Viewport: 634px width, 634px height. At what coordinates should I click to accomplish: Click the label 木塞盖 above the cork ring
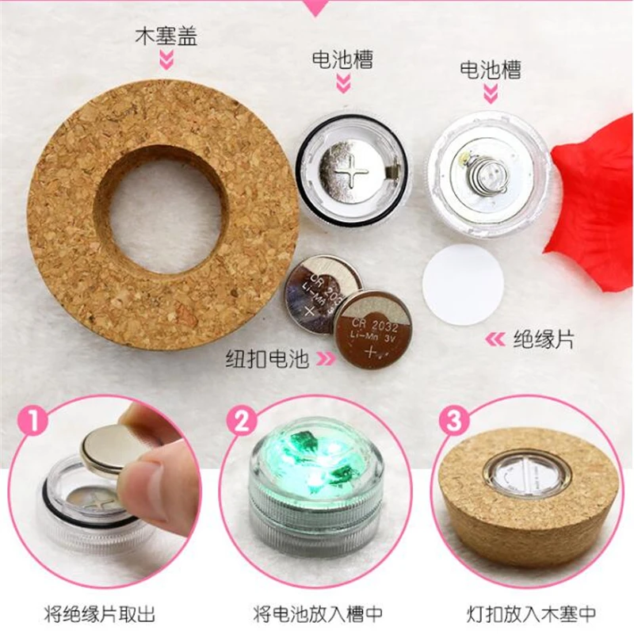166,36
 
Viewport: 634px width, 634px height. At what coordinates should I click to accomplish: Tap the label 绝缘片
544,339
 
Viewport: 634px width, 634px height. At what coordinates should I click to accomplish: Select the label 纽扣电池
267,358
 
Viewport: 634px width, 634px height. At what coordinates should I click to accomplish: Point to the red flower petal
592,202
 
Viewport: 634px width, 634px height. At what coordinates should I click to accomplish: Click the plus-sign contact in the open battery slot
352,173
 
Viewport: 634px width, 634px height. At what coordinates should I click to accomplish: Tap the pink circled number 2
243,422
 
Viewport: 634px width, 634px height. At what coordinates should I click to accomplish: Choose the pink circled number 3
453,421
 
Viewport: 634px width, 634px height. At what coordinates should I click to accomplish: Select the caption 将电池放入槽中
318,615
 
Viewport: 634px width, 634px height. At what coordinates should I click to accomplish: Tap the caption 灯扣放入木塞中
531,615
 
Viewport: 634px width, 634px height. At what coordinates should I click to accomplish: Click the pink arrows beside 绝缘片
495,340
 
